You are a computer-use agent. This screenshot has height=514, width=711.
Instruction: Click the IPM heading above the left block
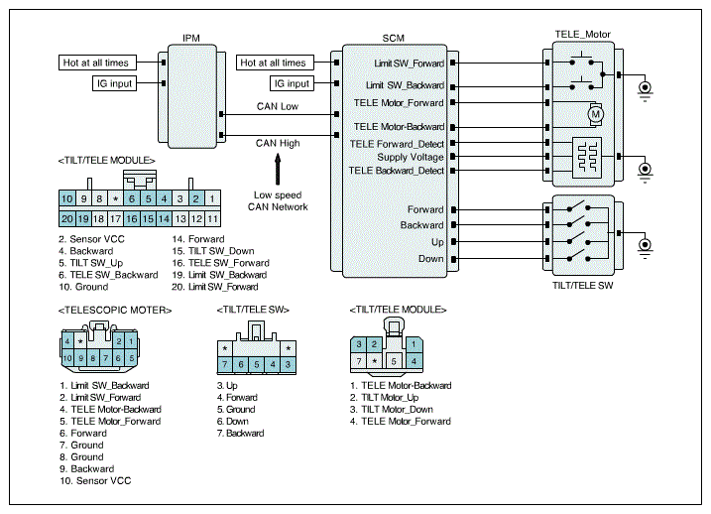pos(191,38)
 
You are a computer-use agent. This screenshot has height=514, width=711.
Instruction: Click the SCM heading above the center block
pos(393,38)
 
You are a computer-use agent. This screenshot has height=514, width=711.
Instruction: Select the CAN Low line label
pos(278,107)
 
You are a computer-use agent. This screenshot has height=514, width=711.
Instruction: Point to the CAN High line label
pos(278,144)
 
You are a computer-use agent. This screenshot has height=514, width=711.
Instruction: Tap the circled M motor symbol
pos(596,114)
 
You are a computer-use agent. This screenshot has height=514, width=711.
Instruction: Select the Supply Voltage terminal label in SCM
pos(411,157)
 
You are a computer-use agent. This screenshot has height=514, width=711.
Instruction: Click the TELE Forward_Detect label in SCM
pos(397,143)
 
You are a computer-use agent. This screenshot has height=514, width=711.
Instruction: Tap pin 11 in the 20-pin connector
pos(211,217)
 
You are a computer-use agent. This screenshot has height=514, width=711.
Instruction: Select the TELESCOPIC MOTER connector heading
pos(114,311)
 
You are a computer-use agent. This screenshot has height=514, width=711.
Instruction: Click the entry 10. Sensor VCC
pos(94,480)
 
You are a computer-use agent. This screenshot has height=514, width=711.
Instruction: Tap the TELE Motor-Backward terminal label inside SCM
pos(400,127)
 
